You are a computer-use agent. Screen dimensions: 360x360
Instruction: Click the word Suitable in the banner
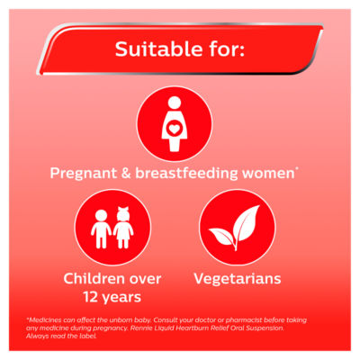pos(158,49)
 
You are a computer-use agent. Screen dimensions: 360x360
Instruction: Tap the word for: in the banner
pos(227,49)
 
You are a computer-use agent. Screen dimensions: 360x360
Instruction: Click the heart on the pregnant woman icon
pos(175,129)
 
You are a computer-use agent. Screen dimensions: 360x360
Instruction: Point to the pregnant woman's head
pos(175,103)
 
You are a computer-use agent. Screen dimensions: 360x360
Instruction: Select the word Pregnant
pos(84,174)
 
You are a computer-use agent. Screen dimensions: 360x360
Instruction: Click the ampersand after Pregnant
pos(126,173)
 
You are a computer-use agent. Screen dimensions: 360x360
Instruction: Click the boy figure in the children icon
pos(101,229)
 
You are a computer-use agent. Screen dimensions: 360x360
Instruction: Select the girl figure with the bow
pos(123,229)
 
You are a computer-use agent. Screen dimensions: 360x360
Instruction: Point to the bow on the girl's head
pos(123,209)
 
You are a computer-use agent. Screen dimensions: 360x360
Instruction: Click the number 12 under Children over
pos(91,297)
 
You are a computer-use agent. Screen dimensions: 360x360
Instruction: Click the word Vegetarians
pos(238,279)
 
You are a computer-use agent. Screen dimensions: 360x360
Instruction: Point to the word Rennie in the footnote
pos(139,328)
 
